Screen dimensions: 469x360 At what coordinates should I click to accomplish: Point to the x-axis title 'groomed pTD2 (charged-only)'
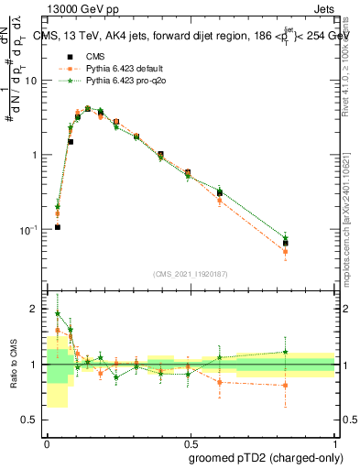[266, 458]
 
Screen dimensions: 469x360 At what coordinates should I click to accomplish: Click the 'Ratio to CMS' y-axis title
[12, 365]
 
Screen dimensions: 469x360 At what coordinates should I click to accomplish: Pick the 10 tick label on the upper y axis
[33, 81]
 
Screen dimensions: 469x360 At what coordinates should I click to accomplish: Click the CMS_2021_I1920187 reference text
[190, 272]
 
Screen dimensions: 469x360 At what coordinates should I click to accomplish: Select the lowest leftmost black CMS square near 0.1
[57, 226]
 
